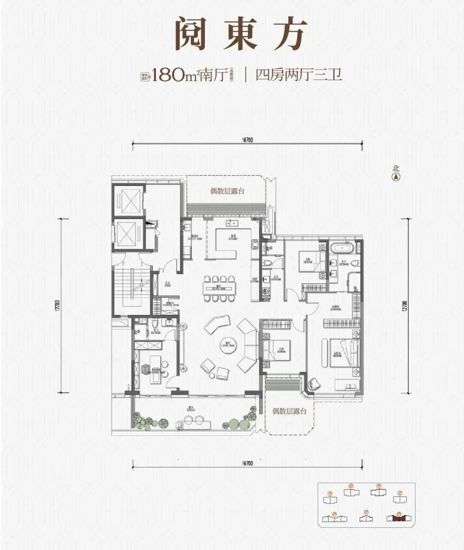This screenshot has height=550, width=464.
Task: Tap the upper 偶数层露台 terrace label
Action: [227, 191]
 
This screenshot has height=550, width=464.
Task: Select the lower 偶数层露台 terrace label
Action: [290, 411]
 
